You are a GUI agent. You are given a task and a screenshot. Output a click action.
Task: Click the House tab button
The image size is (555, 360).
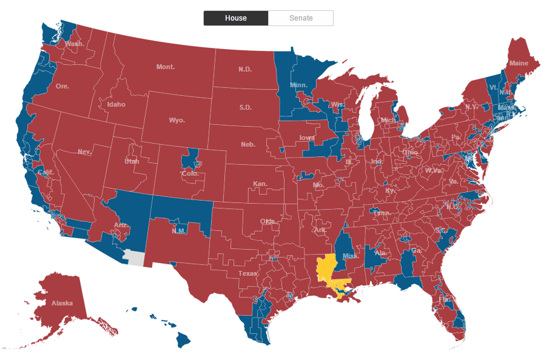[235, 18]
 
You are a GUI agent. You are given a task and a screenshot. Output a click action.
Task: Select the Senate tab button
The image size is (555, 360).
[301, 18]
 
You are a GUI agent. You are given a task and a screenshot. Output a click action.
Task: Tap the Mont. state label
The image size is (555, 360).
[165, 67]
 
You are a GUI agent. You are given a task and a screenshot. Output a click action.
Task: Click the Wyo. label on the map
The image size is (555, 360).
[177, 120]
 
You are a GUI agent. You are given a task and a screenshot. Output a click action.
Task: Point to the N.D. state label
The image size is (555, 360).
[245, 69]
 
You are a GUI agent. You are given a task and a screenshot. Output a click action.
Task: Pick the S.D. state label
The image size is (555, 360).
[245, 107]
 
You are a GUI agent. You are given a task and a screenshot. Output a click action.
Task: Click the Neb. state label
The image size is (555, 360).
[247, 144]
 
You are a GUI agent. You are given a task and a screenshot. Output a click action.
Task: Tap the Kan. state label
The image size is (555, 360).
[260, 183]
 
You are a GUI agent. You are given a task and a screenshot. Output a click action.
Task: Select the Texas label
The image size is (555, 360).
[247, 273]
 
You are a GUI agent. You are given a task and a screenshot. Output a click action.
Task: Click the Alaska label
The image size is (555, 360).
[62, 303]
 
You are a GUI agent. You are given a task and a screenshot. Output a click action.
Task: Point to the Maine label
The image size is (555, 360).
[519, 63]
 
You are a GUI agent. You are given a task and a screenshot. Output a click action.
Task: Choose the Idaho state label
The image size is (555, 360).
[116, 104]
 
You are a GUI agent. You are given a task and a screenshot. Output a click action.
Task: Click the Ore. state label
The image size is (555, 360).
[62, 86]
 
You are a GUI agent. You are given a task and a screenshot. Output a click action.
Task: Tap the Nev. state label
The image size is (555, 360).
[84, 152]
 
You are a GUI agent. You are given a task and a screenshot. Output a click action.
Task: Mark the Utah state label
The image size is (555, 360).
[132, 161]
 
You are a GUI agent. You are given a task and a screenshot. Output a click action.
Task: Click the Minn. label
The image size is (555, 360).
[298, 85]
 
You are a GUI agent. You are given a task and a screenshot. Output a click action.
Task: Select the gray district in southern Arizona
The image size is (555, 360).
[135, 258]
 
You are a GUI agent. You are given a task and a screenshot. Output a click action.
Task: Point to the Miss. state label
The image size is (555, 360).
[350, 256]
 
